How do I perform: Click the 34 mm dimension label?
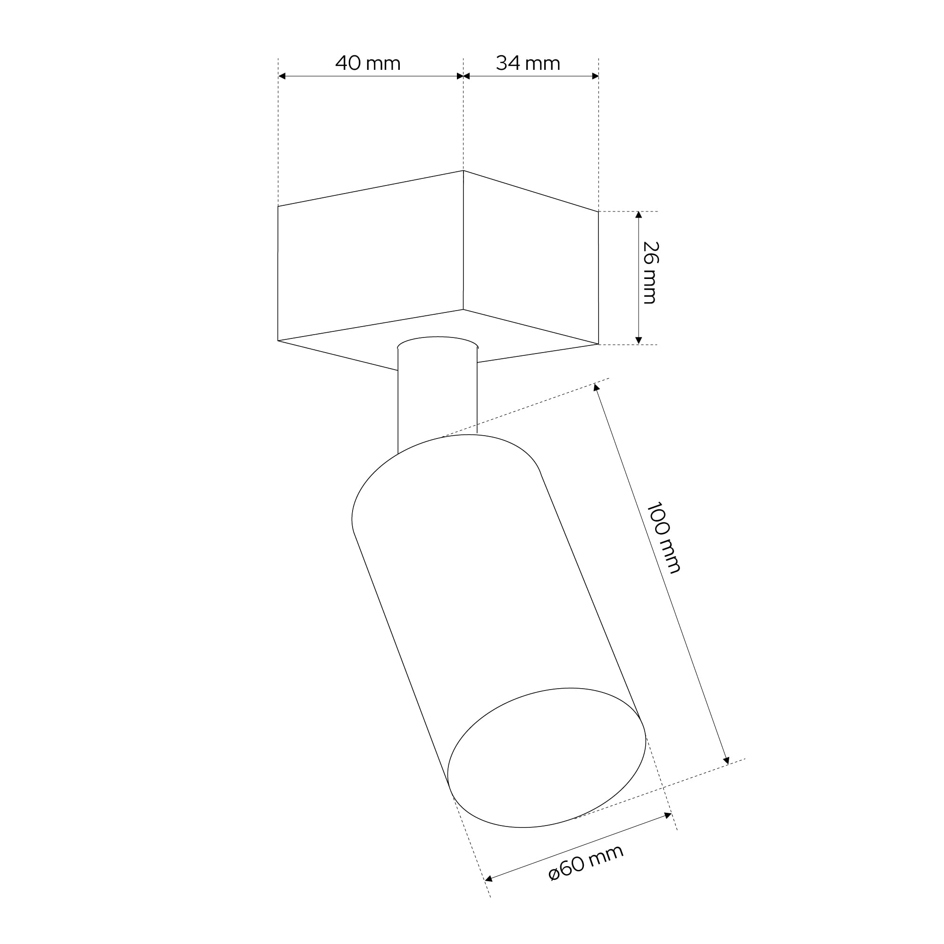pos(528,63)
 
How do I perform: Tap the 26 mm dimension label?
pos(650,273)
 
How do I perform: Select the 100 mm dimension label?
pos(663,537)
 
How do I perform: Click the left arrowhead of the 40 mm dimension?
pos(282,76)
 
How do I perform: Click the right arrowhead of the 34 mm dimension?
pos(595,76)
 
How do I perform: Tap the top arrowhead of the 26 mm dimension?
pos(639,215)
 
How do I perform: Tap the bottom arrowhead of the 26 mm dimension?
pos(639,341)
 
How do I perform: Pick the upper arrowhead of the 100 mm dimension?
pos(596,388)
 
